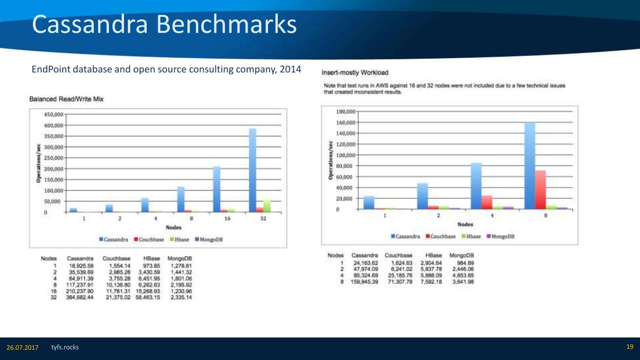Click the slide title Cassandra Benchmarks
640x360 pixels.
pyautogui.click(x=164, y=25)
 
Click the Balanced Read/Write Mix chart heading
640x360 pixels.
pyautogui.click(x=66, y=99)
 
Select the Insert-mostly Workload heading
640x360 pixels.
pyautogui.click(x=356, y=72)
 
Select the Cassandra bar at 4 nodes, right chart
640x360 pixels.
pyautogui.click(x=476, y=186)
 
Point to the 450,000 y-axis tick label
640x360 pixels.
pyautogui.click(x=53, y=114)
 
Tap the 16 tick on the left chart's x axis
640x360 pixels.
pyautogui.click(x=227, y=219)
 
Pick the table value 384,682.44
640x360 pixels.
pyautogui.click(x=80, y=297)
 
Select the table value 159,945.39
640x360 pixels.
pyautogui.click(x=365, y=282)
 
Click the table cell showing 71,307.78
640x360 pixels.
pyautogui.click(x=398, y=282)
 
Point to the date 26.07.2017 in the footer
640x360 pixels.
pyautogui.click(x=22, y=347)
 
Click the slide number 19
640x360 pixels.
pyautogui.click(x=629, y=347)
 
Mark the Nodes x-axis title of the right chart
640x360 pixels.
pyautogui.click(x=465, y=224)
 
